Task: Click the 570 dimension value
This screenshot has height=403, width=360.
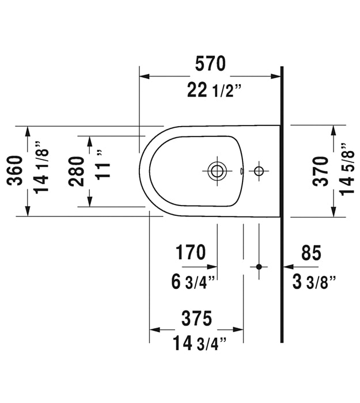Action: [x=210, y=64]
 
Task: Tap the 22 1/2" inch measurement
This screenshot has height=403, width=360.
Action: [x=214, y=90]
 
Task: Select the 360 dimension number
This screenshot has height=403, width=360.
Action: [x=15, y=170]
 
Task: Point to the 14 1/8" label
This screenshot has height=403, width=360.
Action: [x=41, y=168]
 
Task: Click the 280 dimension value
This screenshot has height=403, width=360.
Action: [x=77, y=171]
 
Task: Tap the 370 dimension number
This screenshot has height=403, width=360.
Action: [x=321, y=171]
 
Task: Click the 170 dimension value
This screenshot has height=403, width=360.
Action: [x=191, y=252]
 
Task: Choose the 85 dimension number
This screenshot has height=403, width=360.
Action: [x=312, y=252]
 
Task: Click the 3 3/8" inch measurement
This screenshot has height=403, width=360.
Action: [x=314, y=282]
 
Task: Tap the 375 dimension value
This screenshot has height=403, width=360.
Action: [x=197, y=318]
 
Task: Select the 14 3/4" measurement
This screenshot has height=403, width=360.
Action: [x=199, y=343]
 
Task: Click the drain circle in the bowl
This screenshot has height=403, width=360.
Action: [x=217, y=170]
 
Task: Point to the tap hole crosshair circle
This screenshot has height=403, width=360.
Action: [x=259, y=170]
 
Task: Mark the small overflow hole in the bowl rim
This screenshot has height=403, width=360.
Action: [x=241, y=171]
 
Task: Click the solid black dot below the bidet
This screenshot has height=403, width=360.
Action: [x=259, y=267]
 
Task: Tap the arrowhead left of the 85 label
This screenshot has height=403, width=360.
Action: [x=288, y=267]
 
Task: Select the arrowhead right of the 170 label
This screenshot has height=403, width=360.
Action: [x=212, y=267]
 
